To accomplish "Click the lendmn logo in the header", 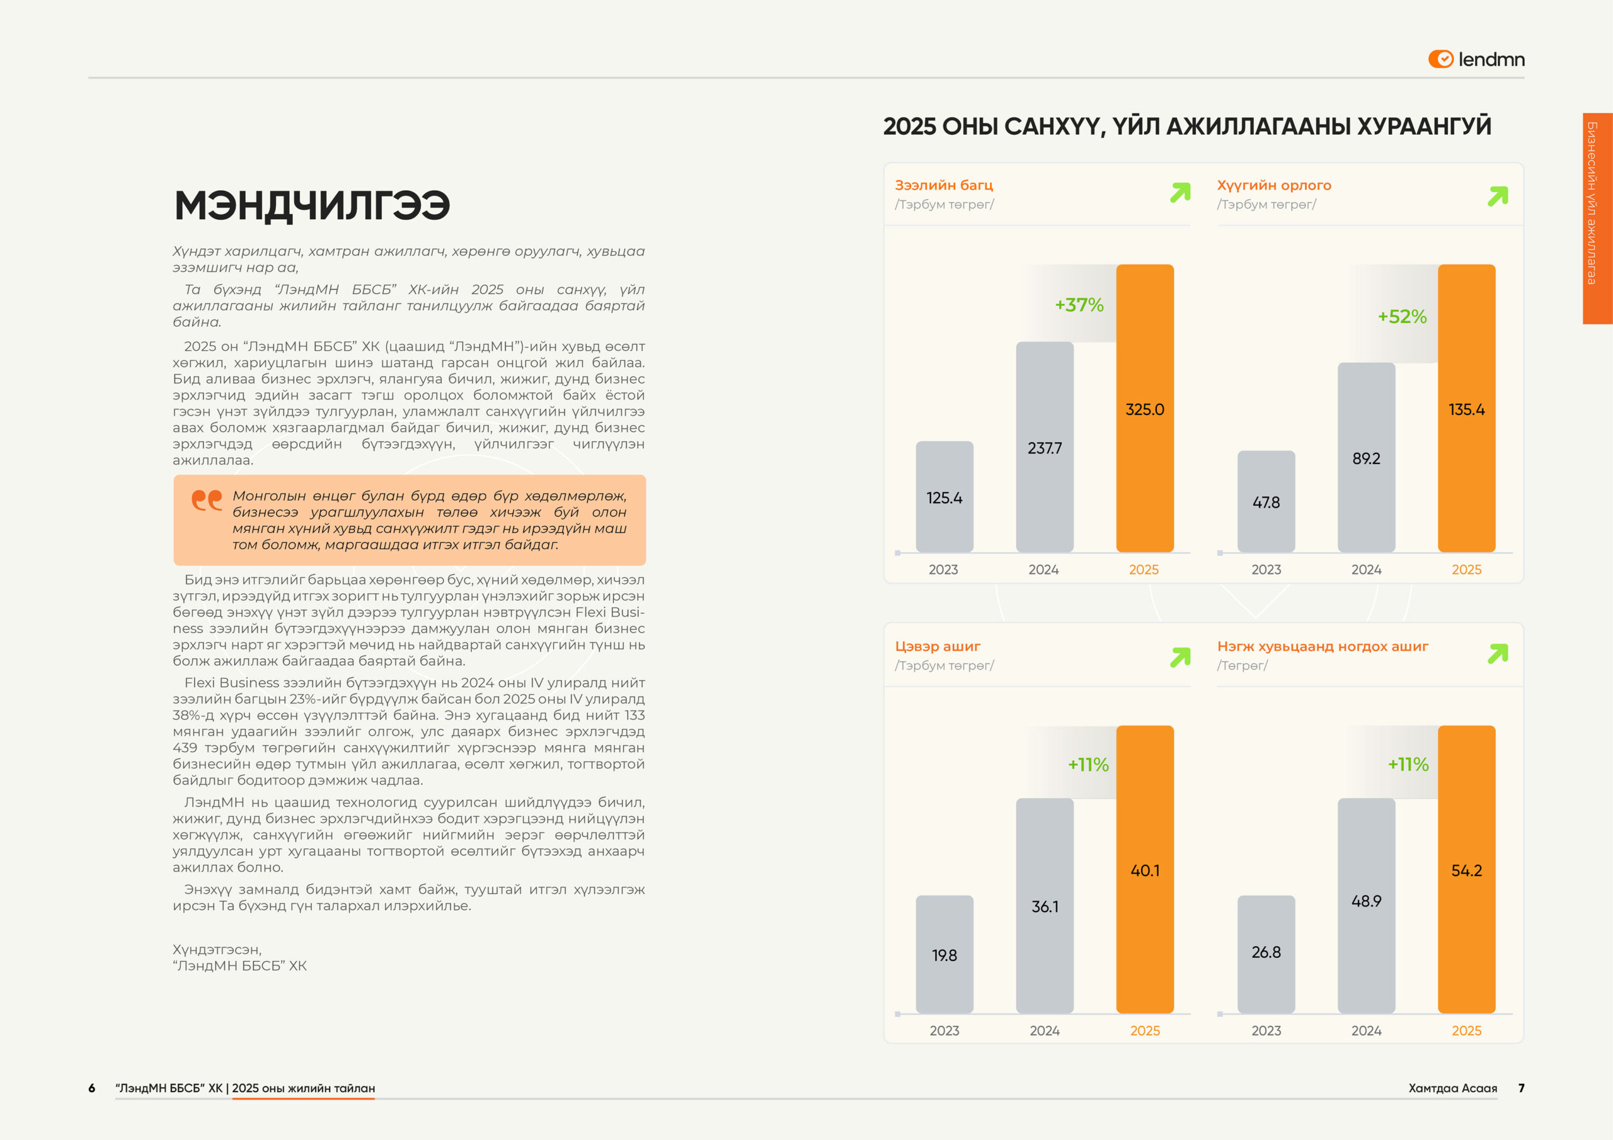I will (x=1476, y=60).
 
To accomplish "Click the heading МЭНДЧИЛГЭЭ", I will (x=312, y=205).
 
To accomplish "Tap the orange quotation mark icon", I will (x=207, y=500).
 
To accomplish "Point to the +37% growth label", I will (x=1079, y=305).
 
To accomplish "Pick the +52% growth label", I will (x=1401, y=317).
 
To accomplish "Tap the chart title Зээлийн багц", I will (x=943, y=185).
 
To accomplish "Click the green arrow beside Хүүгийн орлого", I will (x=1497, y=196).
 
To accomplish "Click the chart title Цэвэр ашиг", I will (x=937, y=646).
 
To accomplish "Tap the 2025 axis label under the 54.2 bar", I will (x=1466, y=1030).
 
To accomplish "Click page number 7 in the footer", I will (x=1521, y=1088).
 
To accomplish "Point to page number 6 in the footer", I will (x=91, y=1088).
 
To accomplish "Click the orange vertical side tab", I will (x=1596, y=218).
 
